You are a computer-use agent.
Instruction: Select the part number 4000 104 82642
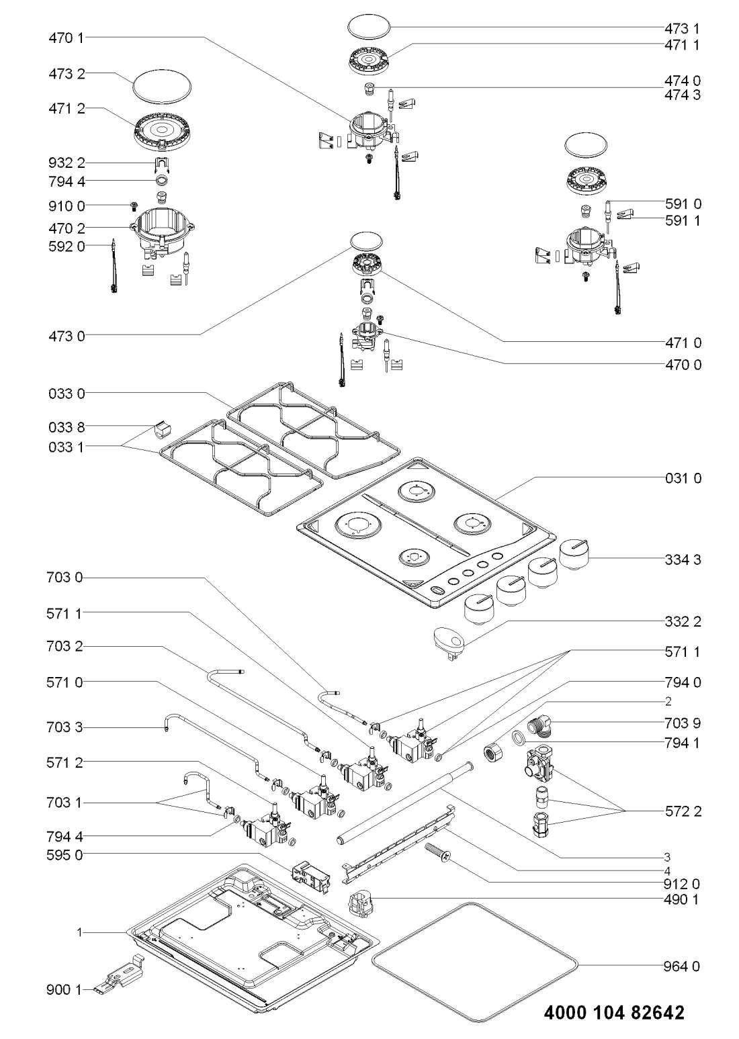click(x=613, y=1012)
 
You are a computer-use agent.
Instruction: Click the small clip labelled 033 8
click(x=161, y=427)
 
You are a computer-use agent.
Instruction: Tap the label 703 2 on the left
click(x=67, y=647)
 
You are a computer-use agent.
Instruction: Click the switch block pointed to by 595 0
click(x=309, y=878)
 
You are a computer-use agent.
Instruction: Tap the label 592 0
click(x=67, y=246)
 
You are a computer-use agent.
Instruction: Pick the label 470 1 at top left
click(x=67, y=38)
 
